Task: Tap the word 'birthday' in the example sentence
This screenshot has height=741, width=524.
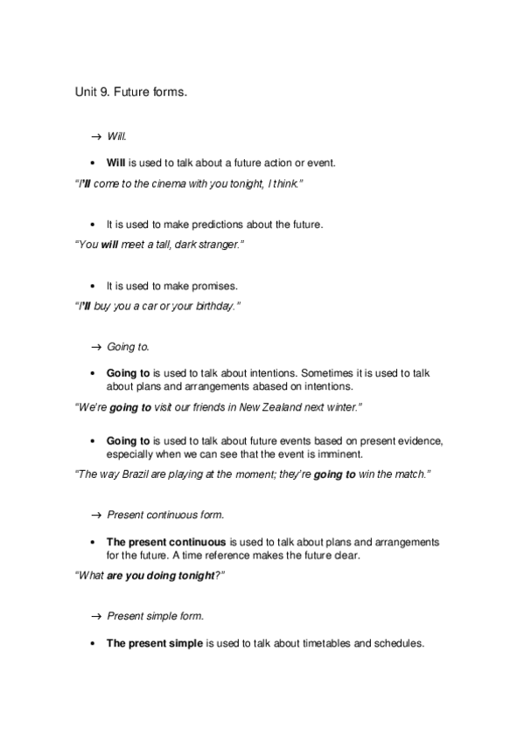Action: click(x=212, y=308)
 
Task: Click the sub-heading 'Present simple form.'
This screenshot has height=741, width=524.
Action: click(x=155, y=616)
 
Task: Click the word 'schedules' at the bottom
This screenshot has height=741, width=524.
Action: click(x=396, y=643)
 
